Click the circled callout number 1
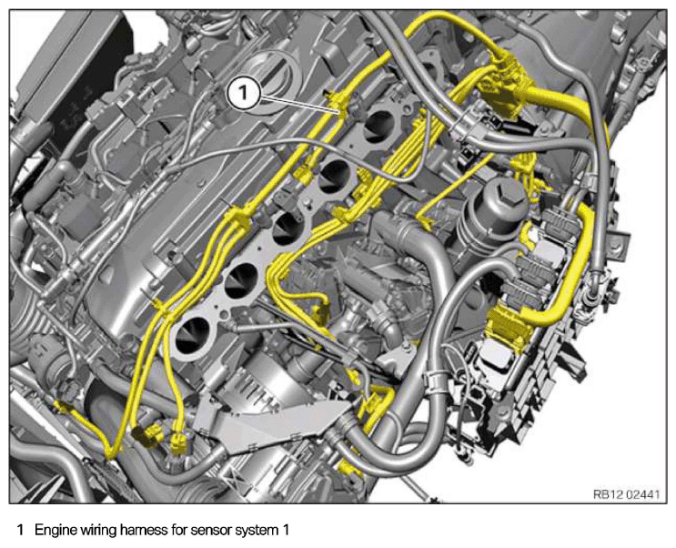[243, 92]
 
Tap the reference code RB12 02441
[626, 494]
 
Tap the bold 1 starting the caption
[20, 530]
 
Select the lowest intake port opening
[191, 333]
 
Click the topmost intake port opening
[379, 124]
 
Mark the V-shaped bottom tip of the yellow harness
[111, 454]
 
